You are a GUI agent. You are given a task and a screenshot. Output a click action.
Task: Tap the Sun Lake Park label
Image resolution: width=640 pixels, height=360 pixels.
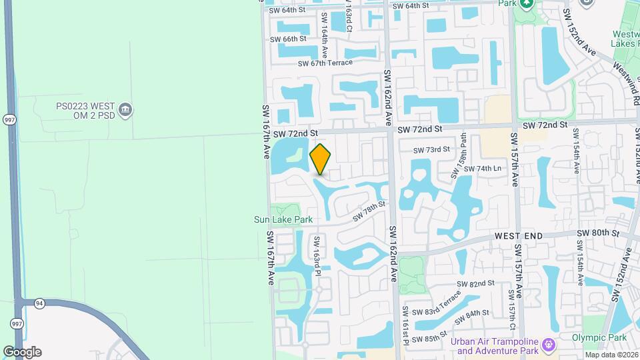[x=283, y=219]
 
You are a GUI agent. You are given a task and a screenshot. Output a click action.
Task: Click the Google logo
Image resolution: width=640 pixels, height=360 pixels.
[x=22, y=352]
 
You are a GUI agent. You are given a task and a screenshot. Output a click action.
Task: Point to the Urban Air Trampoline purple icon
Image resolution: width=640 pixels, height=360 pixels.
[x=548, y=345]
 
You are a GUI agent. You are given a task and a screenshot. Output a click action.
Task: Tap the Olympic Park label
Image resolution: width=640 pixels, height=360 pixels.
[x=599, y=337]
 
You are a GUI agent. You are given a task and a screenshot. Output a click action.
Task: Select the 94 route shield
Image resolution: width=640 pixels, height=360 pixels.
[x=40, y=303]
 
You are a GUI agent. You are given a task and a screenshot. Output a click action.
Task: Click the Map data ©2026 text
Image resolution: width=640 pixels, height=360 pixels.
[x=611, y=355]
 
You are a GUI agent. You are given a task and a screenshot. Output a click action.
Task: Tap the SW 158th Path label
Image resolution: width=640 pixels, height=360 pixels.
[x=459, y=156]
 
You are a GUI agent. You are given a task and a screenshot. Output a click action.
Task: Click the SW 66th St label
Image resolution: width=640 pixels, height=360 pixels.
[x=288, y=39]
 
